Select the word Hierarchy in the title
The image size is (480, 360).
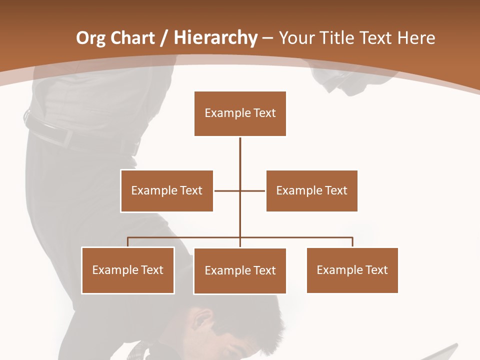[215, 38]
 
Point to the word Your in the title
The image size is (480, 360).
[296, 38]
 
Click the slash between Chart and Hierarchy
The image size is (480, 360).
[164, 38]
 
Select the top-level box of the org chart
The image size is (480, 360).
[240, 113]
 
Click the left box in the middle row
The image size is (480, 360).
[166, 191]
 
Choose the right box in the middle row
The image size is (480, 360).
[311, 191]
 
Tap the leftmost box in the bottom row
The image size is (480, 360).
[127, 270]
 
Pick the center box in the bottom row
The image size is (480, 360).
[240, 271]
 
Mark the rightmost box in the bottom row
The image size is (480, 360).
[352, 270]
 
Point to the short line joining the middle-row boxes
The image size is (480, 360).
[227, 190]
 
